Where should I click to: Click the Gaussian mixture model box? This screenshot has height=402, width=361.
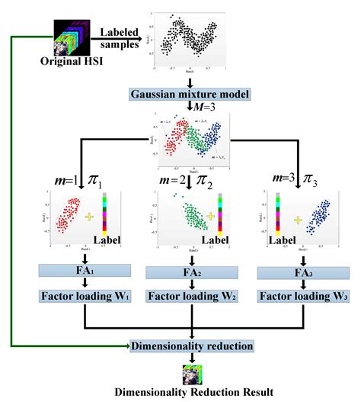tap(193, 95)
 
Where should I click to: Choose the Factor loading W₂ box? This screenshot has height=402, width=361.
tap(193, 297)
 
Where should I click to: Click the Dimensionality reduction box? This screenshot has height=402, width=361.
tap(193, 345)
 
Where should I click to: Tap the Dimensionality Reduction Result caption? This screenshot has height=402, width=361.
tap(193, 392)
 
